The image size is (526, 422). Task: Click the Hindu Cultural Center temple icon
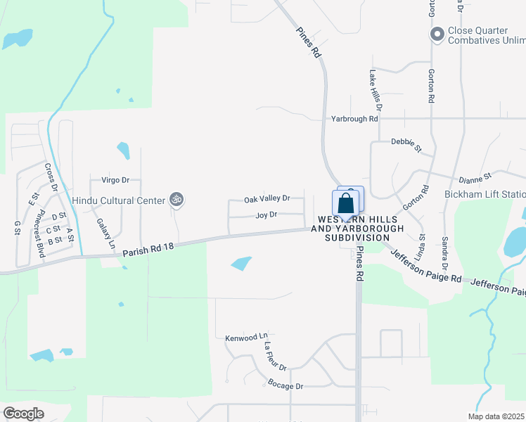[177, 200]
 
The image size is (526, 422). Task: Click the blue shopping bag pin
[346, 204]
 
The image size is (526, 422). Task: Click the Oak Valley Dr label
[267, 200]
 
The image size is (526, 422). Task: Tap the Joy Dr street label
[267, 215]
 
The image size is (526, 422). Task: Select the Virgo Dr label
[116, 180]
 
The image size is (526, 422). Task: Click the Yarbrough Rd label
[355, 120]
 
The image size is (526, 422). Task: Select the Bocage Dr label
[285, 385]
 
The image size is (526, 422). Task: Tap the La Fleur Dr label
[276, 357]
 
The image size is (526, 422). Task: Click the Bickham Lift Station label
[485, 194]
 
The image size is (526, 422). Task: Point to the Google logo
[23, 413]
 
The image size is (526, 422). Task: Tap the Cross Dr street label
[51, 177]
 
